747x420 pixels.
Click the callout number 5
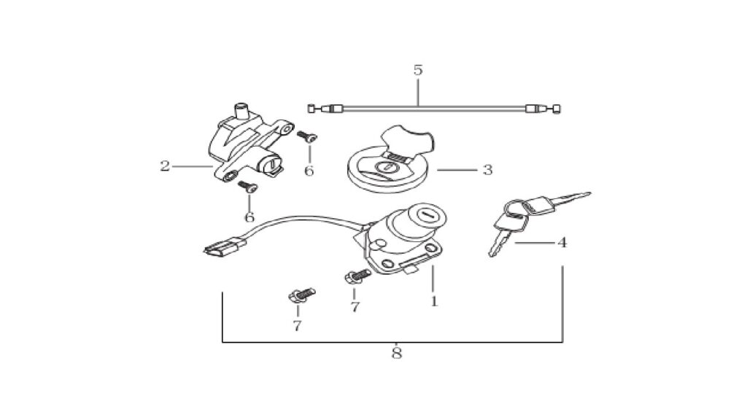tap(418, 70)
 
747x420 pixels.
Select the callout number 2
tap(165, 166)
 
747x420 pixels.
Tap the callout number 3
tap(487, 169)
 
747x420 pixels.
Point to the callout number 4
tap(562, 242)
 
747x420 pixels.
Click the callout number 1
tap(434, 301)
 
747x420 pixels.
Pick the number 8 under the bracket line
tap(396, 353)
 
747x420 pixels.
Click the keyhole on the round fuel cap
tap(385, 167)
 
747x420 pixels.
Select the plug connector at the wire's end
tap(225, 246)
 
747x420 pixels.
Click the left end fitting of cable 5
tap(326, 109)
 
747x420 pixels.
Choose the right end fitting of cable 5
tap(543, 109)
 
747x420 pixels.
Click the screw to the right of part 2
tap(307, 137)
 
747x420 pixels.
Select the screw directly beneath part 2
tap(248, 186)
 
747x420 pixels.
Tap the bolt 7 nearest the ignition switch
tap(357, 276)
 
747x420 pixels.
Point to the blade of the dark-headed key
tap(573, 198)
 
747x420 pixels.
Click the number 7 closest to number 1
tap(355, 307)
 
